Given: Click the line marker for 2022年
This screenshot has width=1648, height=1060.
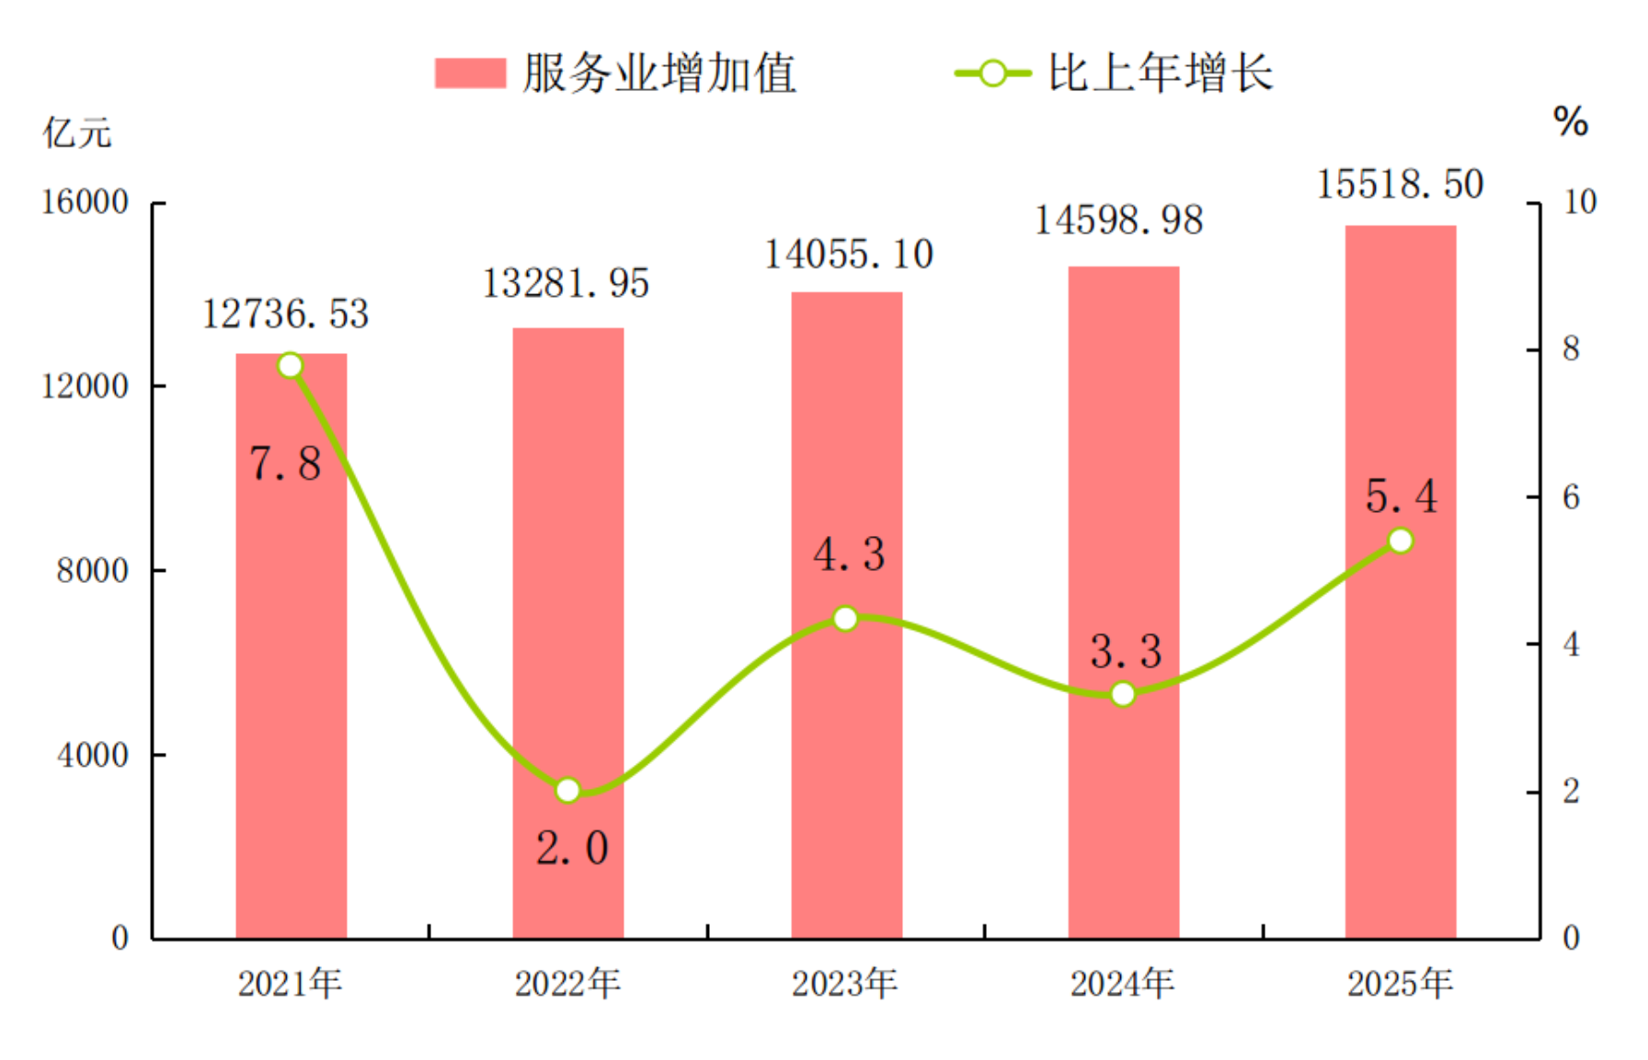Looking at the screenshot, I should click(567, 790).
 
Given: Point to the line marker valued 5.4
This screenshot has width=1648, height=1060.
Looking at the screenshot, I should click(1400, 541).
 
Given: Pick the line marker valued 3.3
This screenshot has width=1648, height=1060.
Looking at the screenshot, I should click(1123, 694).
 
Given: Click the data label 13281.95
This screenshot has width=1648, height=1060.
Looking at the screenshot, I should click(566, 283).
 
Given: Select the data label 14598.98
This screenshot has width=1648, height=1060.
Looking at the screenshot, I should click(1118, 220).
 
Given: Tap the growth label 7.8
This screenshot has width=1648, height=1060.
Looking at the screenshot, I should click(285, 463).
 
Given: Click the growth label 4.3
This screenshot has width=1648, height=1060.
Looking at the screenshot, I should click(849, 554).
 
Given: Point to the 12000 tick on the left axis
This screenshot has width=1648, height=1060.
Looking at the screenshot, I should click(85, 386).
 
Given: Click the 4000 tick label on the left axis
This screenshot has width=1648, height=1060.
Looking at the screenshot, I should click(92, 755).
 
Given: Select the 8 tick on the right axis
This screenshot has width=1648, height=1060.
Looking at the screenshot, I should click(1571, 349).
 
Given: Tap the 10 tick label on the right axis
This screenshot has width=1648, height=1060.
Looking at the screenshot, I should click(1580, 202).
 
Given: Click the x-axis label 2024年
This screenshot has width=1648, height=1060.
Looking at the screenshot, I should click(1122, 984).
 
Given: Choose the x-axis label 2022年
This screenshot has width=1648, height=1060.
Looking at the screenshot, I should click(567, 984).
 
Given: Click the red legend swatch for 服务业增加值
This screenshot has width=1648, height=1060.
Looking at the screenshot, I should click(470, 74).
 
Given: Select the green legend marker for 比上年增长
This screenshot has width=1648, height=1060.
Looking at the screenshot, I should click(992, 74).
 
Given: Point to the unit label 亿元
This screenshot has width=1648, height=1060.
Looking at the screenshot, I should click(77, 133).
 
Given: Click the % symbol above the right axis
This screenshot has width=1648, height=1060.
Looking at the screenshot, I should click(1571, 121).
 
